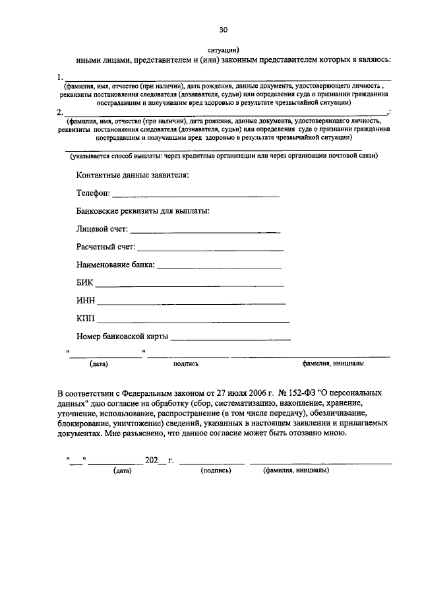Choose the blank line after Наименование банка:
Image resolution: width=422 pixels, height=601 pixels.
219,268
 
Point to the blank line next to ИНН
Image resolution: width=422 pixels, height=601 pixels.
191,303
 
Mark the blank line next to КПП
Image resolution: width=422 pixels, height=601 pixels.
193,321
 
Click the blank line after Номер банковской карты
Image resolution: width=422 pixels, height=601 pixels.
230,338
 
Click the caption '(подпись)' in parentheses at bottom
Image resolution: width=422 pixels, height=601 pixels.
216,470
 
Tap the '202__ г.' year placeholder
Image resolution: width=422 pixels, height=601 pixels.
159,460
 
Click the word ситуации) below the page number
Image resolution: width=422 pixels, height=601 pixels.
223,48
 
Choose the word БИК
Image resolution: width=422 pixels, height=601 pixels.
85,283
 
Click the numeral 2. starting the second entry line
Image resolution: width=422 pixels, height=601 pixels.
61,112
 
